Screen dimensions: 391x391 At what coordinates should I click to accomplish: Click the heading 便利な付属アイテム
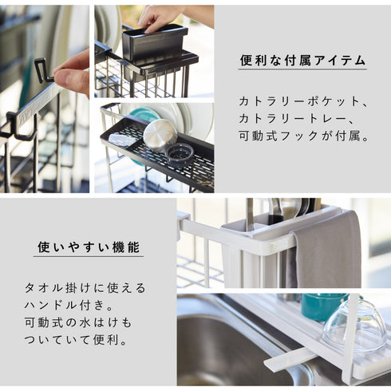point(302,61)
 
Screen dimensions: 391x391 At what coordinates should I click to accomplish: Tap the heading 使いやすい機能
point(89,247)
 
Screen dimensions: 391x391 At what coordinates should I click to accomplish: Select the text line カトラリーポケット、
point(303,101)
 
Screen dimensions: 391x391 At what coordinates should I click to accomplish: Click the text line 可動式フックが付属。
point(304,136)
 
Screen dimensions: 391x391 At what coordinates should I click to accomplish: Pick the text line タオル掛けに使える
point(85,288)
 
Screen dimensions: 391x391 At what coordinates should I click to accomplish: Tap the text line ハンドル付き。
point(69,305)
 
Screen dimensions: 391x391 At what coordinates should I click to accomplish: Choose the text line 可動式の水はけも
point(78,322)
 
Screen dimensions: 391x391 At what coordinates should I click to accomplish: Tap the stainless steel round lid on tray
point(160,136)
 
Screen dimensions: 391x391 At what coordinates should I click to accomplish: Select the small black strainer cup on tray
point(180,156)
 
